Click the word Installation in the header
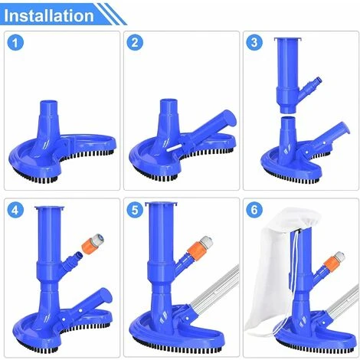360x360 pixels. (49, 15)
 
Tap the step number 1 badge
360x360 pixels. (15, 42)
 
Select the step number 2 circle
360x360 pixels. (135, 42)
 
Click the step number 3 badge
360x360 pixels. (254, 42)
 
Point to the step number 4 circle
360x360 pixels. (15, 211)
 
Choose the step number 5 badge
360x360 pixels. (135, 211)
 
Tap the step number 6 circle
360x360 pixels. (254, 211)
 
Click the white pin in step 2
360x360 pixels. (174, 148)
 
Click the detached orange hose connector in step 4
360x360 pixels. (93, 242)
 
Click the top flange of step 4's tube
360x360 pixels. (50, 208)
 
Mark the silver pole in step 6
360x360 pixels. (342, 301)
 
